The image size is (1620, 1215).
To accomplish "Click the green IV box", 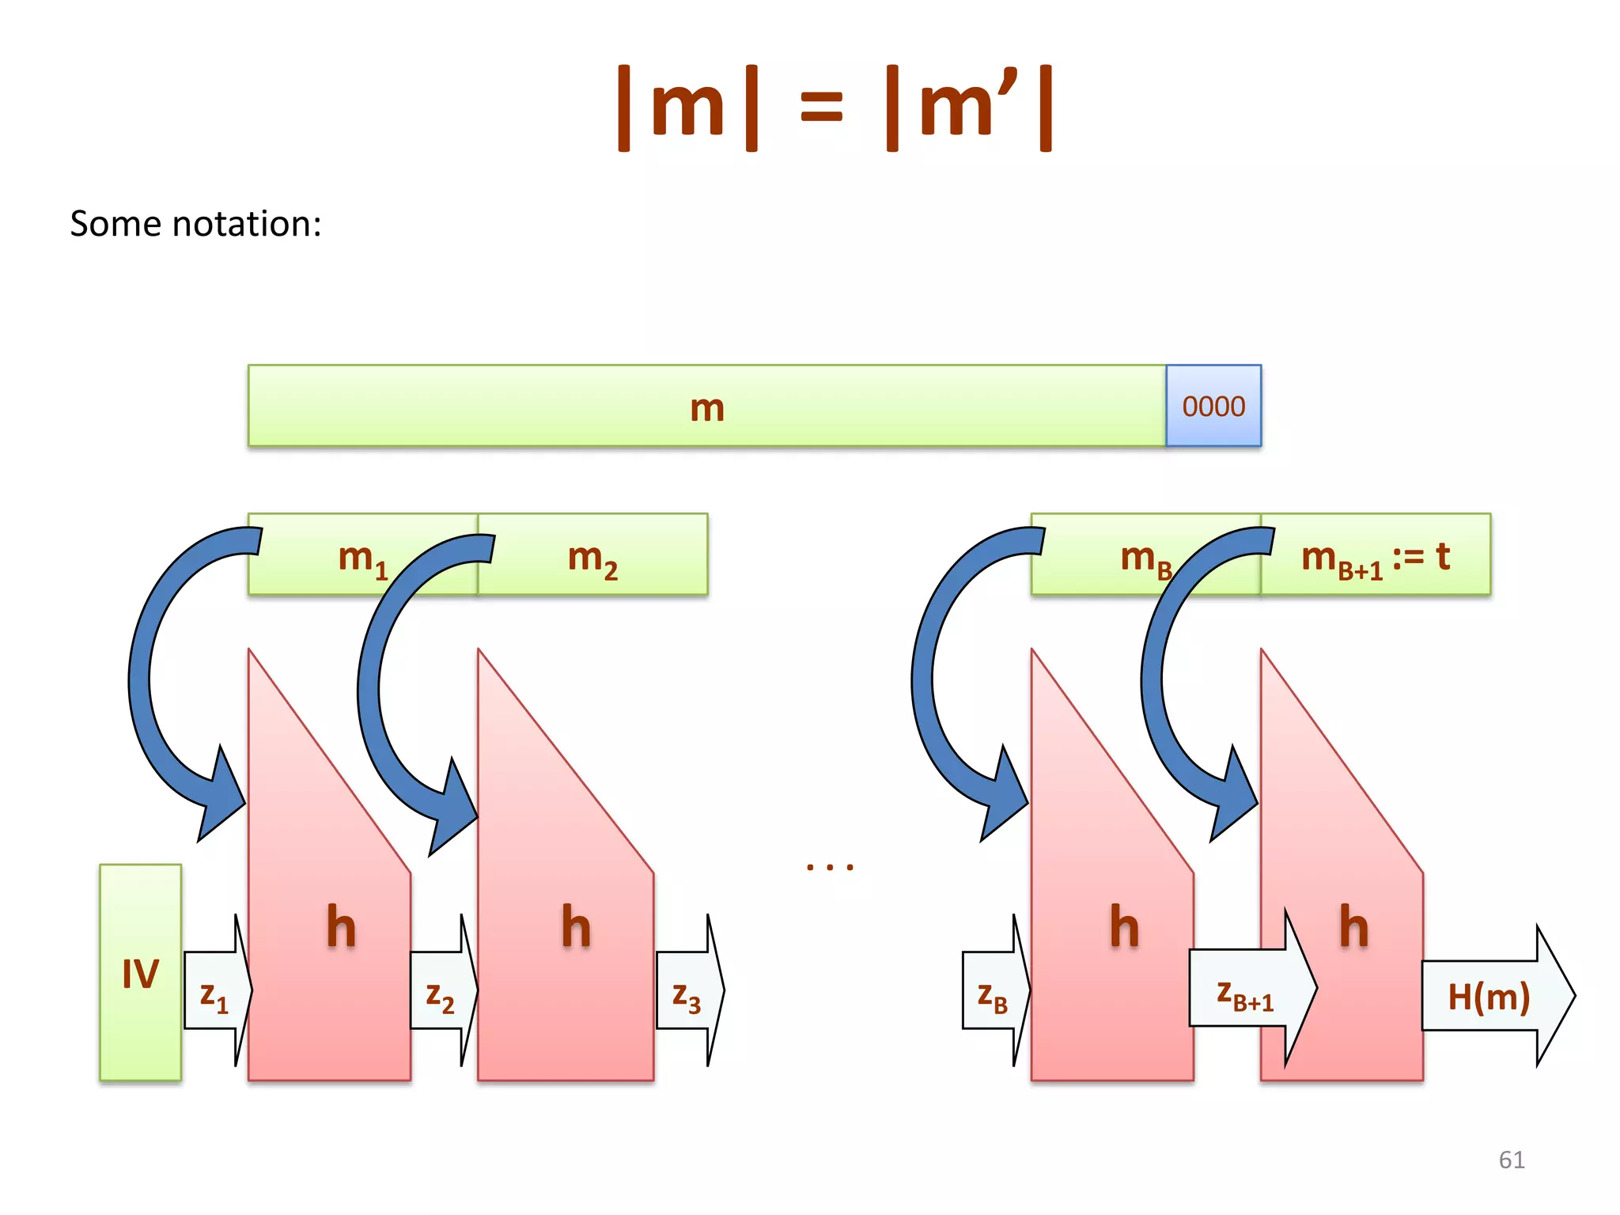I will tap(140, 972).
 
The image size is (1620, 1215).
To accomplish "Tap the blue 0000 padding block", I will tap(1213, 406).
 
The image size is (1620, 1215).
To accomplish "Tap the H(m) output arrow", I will tap(1489, 996).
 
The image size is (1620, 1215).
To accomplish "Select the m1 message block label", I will tap(362, 558).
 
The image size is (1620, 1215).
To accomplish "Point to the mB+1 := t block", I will tap(1376, 557).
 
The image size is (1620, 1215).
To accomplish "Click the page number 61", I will tap(1511, 1160).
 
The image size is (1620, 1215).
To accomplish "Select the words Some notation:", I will tap(195, 224).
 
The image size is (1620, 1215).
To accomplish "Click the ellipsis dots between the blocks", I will tap(830, 868).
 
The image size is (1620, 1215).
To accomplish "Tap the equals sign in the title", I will tap(821, 108).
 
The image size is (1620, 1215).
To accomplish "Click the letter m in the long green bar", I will tap(707, 407).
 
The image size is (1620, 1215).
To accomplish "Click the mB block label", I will tap(1145, 558).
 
